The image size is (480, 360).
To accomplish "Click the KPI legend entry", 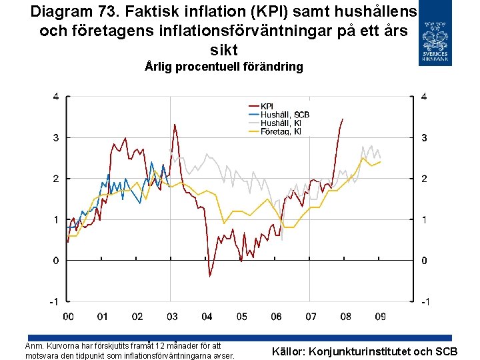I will [x=267, y=106].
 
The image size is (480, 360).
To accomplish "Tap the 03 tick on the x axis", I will [x=171, y=316].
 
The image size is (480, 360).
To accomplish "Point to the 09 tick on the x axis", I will [x=381, y=316].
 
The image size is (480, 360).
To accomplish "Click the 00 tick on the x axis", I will [x=67, y=316].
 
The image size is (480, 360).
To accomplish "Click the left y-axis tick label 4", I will [x=56, y=97].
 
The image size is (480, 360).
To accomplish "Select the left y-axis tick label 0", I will [x=56, y=261].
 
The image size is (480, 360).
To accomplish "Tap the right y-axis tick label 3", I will [x=424, y=138].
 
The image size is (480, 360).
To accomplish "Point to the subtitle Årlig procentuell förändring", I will [x=224, y=67].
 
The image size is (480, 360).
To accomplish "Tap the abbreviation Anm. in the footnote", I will [x=34, y=345].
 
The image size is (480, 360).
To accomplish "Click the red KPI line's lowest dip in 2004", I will [x=209, y=276].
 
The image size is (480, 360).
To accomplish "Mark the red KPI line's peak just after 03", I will [x=174, y=125].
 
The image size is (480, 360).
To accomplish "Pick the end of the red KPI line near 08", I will [x=343, y=119].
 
